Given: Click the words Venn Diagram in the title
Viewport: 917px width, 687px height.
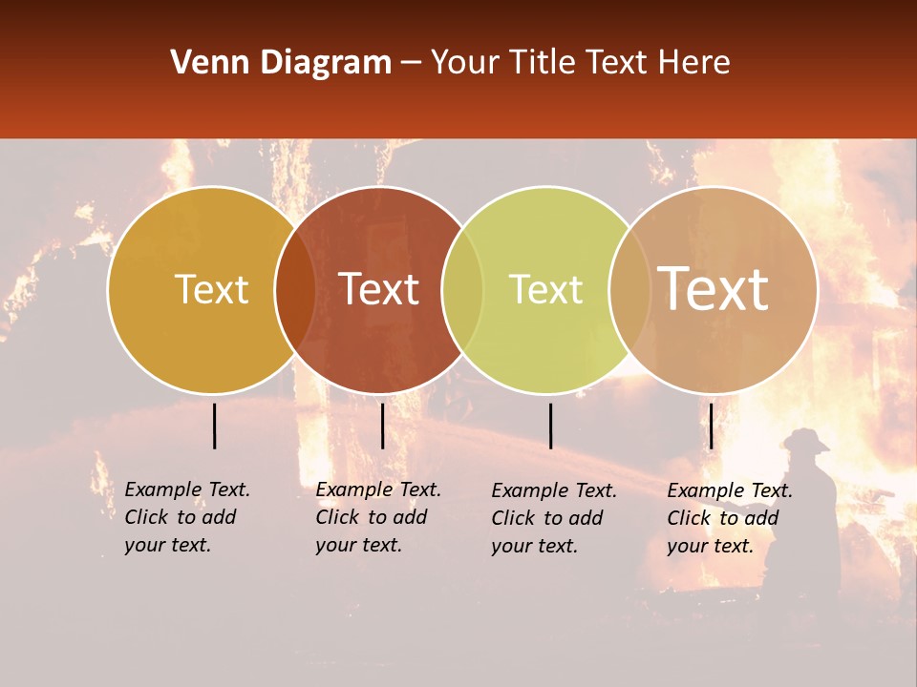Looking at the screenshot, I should (281, 63).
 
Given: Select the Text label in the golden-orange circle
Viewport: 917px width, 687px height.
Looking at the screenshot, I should (211, 290).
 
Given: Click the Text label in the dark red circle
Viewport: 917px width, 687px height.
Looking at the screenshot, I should (379, 290).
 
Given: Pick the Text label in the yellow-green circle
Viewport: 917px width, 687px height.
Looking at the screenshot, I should (545, 290).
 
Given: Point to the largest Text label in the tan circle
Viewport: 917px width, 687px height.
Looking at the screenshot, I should (714, 289).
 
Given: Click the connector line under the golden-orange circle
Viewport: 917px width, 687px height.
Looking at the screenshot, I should (215, 426).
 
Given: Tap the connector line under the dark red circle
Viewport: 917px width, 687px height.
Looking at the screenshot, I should (382, 426).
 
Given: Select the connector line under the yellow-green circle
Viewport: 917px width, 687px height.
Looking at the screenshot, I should (551, 426).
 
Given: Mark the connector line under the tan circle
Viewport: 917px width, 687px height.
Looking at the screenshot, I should (712, 426).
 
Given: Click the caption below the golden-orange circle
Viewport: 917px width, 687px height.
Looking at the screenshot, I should (187, 517).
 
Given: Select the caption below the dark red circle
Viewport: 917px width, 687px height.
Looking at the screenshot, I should (378, 517).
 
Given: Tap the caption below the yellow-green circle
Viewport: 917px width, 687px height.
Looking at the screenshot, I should (554, 518).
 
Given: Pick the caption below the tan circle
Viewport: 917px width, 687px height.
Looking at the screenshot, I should (730, 518).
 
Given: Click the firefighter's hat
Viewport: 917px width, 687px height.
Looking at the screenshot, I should (805, 440).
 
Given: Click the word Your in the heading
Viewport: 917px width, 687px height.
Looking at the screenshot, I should (466, 63).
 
